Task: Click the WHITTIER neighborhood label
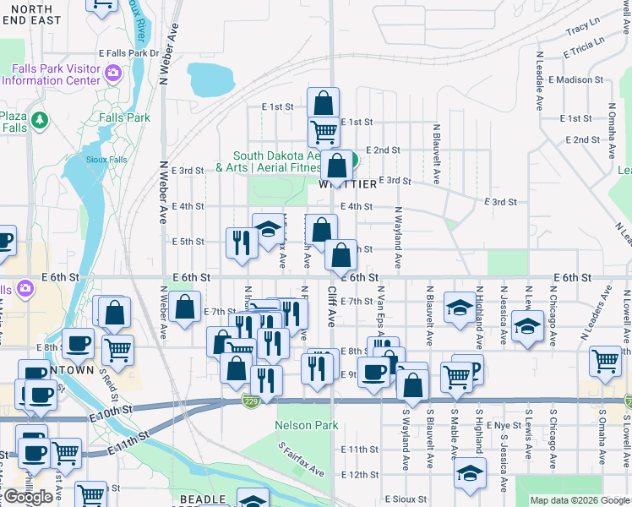(347, 184)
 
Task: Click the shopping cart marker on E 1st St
(324, 130)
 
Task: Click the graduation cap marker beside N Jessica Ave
(527, 324)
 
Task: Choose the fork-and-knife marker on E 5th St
(242, 242)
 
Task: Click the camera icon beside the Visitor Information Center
(112, 74)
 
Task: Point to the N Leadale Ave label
(538, 81)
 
